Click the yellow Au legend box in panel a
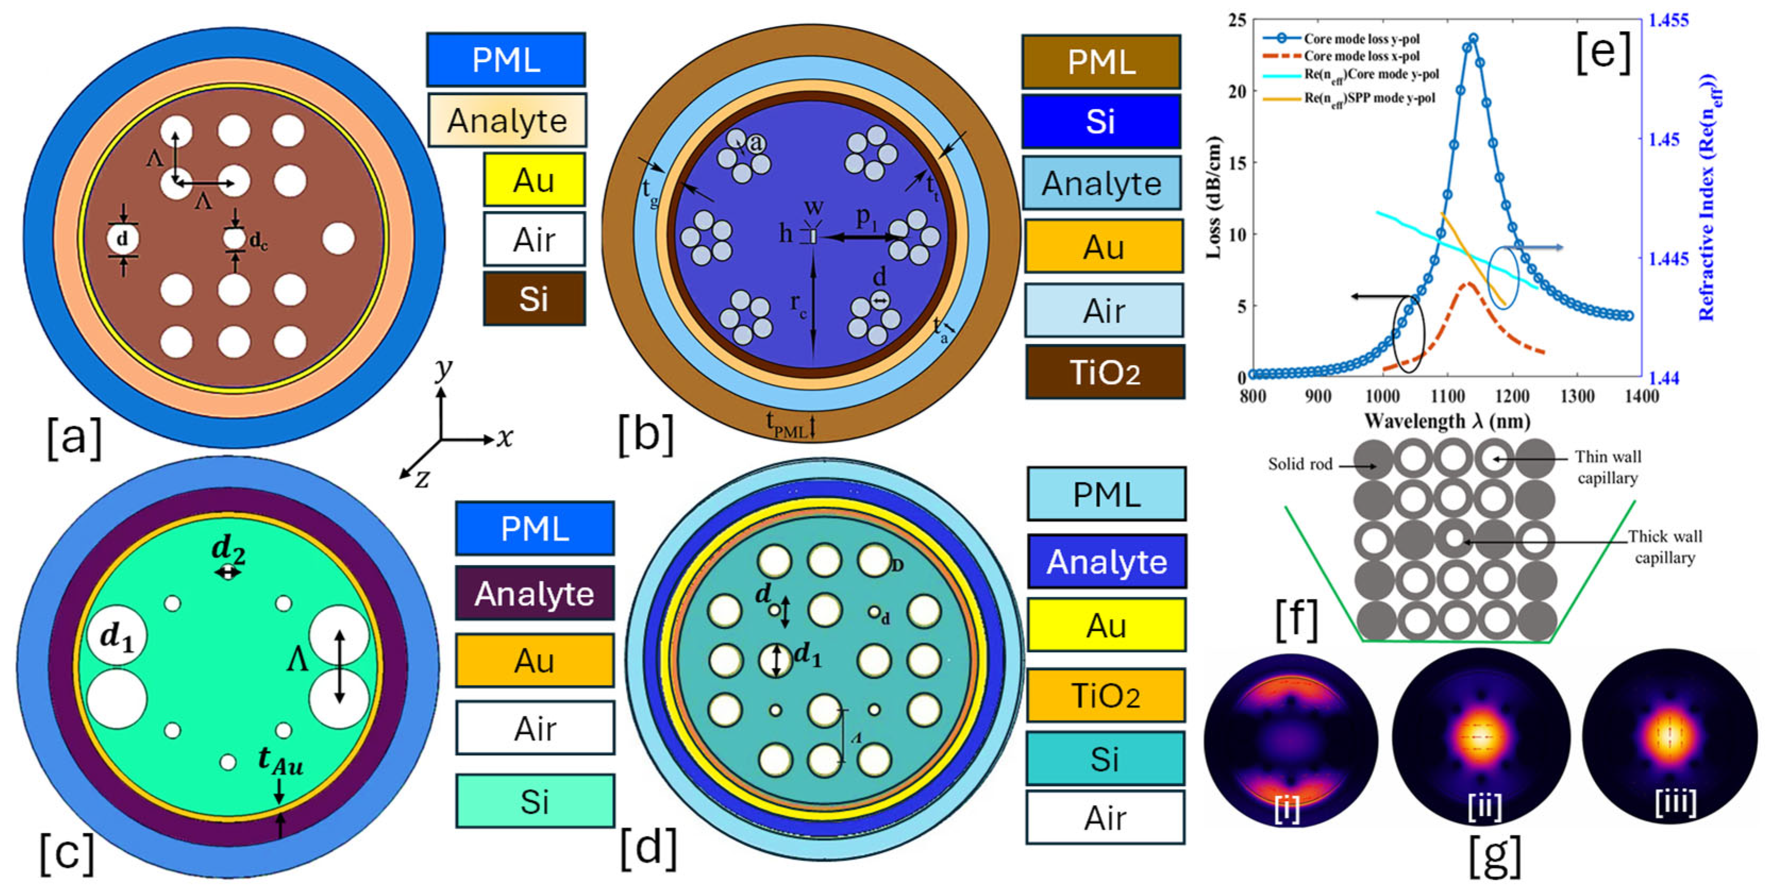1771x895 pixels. coord(534,180)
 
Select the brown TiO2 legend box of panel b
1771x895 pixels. coord(1105,372)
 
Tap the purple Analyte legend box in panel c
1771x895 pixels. coord(534,593)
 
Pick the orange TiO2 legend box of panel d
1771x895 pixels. coord(1106,695)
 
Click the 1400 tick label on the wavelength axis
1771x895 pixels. coord(1641,396)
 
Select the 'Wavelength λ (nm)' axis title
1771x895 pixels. coord(1447,421)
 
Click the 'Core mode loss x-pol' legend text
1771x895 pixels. coord(1361,56)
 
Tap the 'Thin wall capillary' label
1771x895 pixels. coord(1607,467)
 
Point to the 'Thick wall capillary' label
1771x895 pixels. coord(1665,546)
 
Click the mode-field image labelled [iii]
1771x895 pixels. coord(1671,738)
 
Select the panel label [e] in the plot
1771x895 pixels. coord(1603,52)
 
